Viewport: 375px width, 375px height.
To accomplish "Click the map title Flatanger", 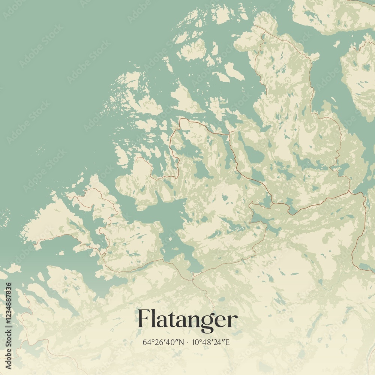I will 187,319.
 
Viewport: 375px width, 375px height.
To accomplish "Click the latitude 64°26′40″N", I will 163,342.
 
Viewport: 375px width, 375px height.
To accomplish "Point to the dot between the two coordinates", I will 188,342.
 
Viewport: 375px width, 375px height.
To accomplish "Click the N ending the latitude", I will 182,342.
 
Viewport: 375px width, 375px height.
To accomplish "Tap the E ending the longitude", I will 229,342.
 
